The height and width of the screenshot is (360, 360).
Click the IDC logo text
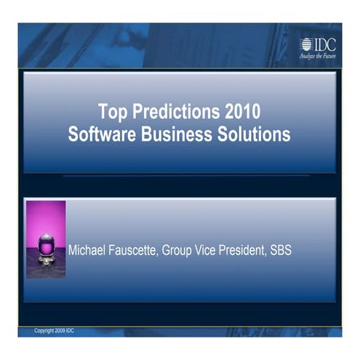coord(325,43)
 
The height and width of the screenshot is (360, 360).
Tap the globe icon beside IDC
coord(306,44)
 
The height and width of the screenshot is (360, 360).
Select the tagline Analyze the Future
coord(318,56)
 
